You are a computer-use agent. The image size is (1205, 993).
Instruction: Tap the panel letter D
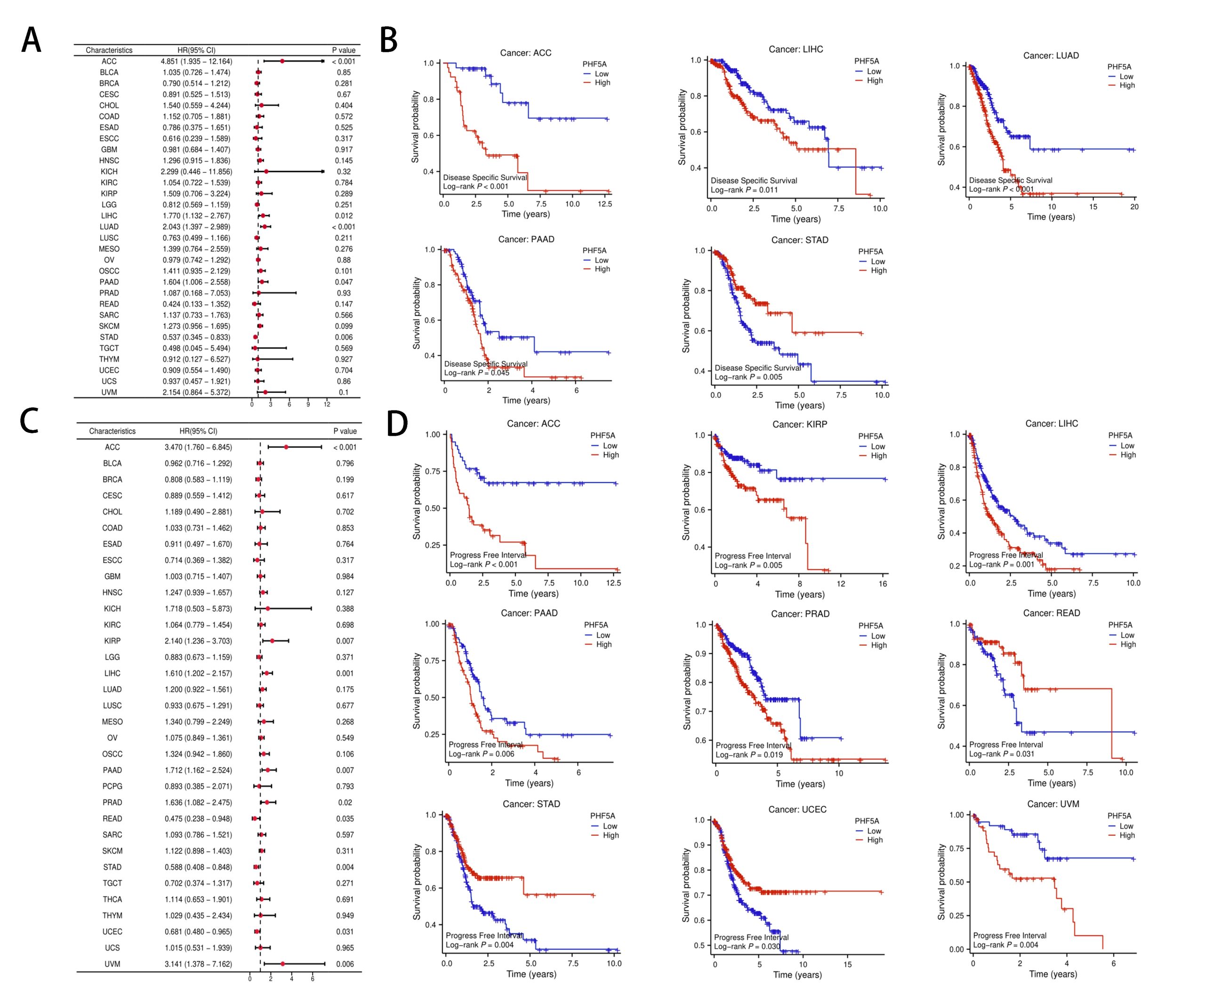(396, 424)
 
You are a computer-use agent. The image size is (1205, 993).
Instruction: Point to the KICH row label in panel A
(109, 172)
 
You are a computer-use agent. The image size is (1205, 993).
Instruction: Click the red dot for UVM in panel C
(282, 964)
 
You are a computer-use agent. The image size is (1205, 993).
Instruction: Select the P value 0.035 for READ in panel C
(345, 818)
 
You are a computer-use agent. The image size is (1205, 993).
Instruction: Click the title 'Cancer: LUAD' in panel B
(1051, 56)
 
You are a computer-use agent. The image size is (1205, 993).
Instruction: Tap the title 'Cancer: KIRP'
(799, 424)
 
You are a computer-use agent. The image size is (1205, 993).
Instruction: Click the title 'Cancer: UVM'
(1053, 804)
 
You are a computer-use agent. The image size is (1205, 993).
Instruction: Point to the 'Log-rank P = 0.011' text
(744, 190)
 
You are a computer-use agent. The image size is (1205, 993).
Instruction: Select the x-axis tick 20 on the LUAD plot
(1134, 207)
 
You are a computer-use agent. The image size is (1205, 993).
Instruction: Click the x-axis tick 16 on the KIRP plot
(883, 584)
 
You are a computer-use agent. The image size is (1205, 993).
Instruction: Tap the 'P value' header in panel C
(345, 431)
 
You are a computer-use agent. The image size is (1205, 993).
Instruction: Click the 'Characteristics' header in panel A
(109, 50)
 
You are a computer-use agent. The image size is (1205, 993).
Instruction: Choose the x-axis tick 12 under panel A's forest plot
(327, 404)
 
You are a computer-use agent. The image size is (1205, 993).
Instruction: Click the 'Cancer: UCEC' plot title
(797, 809)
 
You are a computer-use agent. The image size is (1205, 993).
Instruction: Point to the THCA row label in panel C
(112, 899)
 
